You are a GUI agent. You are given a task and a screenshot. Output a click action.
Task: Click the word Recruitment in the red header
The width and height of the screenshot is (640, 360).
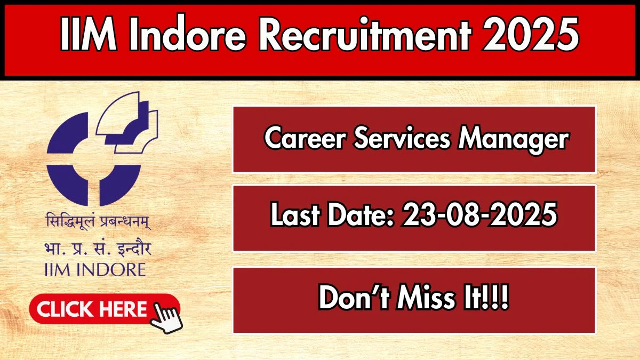pos(364,35)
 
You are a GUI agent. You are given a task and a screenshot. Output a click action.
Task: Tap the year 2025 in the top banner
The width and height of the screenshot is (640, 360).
pos(530,35)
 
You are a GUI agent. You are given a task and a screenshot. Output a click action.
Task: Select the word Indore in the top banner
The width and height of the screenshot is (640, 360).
pos(187,35)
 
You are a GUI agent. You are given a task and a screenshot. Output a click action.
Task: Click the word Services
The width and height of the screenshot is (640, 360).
pos(402,138)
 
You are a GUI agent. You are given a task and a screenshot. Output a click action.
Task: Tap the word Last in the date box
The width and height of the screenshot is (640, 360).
pos(295,214)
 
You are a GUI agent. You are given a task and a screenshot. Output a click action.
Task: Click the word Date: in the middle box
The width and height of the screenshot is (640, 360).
pos(362,214)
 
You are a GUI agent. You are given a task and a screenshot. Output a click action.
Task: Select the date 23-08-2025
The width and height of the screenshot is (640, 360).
pos(479,214)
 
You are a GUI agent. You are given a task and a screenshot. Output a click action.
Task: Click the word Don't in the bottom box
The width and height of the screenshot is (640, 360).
pos(354,298)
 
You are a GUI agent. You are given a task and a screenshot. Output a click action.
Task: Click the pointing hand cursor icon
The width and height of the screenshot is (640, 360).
pos(166,318)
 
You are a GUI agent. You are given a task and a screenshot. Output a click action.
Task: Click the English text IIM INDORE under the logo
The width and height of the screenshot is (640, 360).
pos(95,270)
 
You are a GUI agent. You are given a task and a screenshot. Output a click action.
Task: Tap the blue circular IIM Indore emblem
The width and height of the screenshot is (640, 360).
pos(102,149)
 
